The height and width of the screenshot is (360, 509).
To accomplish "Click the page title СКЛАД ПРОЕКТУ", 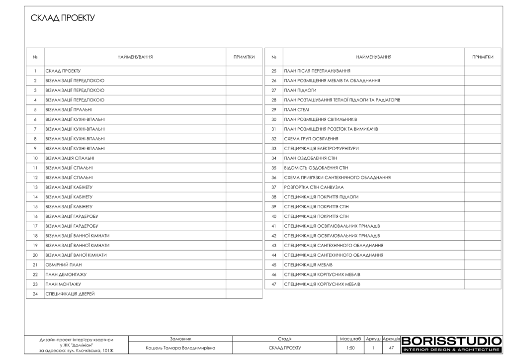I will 63,18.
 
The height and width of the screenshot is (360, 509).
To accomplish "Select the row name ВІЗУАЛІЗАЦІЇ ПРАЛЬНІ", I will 68,109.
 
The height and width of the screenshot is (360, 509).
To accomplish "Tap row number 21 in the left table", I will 35,265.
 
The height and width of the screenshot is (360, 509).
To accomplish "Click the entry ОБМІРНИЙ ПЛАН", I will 63,265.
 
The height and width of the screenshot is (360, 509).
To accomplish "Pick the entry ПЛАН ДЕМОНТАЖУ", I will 66,274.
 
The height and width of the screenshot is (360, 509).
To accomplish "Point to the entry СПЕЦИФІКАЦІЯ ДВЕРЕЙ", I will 70,294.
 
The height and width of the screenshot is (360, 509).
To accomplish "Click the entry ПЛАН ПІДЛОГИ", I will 300,90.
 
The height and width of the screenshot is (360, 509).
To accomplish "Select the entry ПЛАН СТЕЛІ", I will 297,109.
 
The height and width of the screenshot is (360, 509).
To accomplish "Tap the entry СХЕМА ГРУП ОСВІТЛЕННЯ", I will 311,139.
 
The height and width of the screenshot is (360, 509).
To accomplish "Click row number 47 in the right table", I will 273,284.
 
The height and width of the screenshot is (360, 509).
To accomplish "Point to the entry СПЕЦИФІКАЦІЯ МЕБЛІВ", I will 308,265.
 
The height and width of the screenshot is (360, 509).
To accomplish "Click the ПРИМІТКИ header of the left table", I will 244,57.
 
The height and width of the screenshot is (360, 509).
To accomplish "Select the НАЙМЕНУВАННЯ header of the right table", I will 374,57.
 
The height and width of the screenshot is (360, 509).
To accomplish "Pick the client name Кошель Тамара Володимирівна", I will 180,348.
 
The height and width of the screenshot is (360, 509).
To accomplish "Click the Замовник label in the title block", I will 180,338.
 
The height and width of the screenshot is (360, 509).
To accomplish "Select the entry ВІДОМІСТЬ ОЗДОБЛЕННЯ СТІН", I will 316,168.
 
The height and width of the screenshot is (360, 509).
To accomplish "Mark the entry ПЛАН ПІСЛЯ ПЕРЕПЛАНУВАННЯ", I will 317,71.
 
